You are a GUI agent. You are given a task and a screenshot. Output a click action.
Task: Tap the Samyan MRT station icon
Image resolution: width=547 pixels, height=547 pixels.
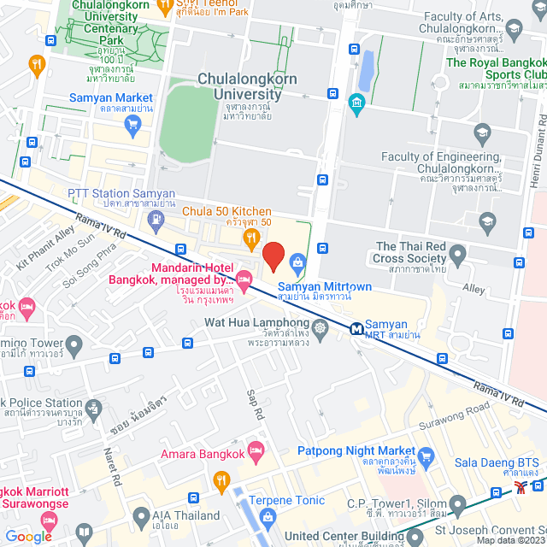pyautogui.click(x=356, y=327)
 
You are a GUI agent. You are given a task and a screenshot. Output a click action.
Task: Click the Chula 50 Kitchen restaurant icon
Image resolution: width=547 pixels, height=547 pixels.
pyautogui.click(x=251, y=237)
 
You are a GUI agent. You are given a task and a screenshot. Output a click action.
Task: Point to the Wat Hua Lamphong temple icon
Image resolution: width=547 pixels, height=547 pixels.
pyautogui.click(x=320, y=328)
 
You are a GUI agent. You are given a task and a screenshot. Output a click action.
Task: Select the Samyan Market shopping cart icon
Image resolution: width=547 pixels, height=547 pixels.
pyautogui.click(x=132, y=124)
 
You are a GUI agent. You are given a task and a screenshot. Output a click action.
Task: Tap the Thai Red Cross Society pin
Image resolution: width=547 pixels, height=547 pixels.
pyautogui.click(x=457, y=253)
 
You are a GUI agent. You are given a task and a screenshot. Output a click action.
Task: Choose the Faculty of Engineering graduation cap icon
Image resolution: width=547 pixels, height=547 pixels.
pyautogui.click(x=482, y=132)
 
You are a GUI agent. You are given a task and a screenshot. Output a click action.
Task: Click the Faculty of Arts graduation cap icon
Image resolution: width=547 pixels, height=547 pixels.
pyautogui.click(x=513, y=32)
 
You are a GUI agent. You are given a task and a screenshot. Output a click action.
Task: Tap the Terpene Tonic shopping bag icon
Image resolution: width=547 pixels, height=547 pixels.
pyautogui.click(x=268, y=516)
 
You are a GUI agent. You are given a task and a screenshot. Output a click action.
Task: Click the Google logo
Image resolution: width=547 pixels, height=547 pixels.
pyautogui.click(x=29, y=536)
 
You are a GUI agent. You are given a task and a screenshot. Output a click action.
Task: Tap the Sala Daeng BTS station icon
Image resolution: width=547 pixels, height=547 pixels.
pyautogui.click(x=521, y=487)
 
